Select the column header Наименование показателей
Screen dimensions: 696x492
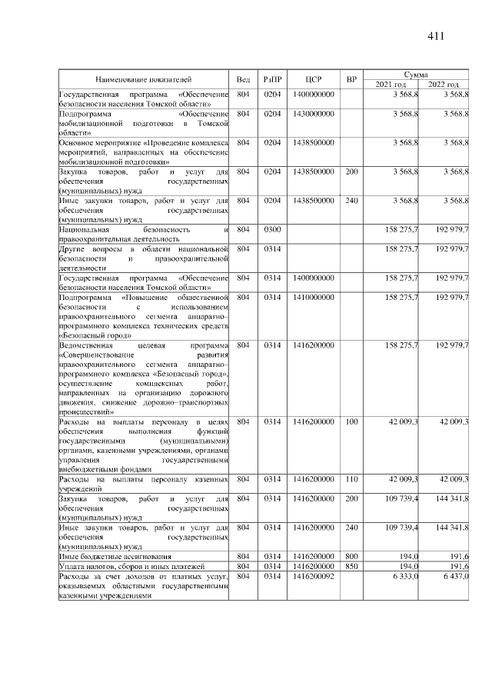tap(144, 79)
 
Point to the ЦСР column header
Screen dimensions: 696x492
tap(313, 79)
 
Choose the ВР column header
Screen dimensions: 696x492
tap(351, 79)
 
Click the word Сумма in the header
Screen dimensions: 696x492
tap(417, 74)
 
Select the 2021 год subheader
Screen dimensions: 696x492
tap(391, 84)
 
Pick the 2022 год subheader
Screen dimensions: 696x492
tap(444, 84)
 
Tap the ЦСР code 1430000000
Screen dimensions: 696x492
tap(313, 114)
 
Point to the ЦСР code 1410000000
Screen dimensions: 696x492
tap(313, 296)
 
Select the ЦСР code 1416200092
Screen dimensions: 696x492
tap(313, 576)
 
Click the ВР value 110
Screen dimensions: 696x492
tap(351, 479)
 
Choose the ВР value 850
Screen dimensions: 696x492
tap(351, 566)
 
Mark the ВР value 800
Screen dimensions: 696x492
tap(351, 555)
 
